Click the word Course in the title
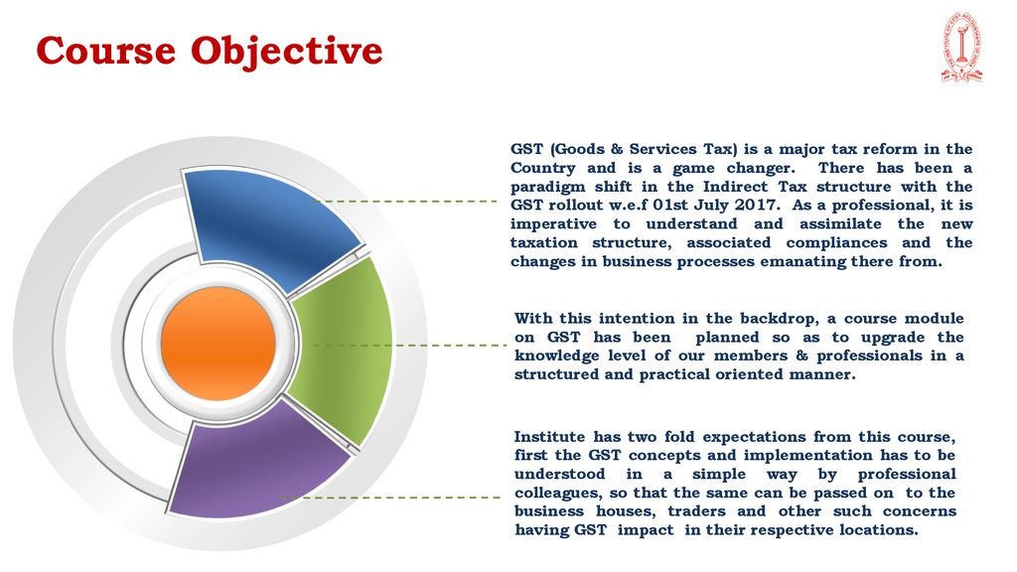point(105,51)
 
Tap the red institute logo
point(961,48)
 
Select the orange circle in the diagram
point(218,344)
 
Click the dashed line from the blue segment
point(407,202)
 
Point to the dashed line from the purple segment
point(389,498)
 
